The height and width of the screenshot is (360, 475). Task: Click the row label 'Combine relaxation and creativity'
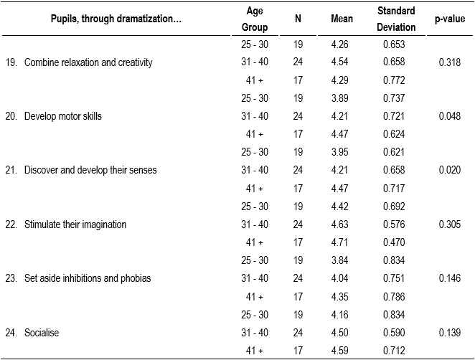click(x=88, y=62)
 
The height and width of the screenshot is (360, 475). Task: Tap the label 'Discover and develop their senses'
click(x=90, y=170)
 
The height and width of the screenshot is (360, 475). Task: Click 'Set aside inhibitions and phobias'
click(x=88, y=278)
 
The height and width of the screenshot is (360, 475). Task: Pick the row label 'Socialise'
click(x=42, y=332)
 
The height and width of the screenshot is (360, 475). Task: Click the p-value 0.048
click(x=450, y=116)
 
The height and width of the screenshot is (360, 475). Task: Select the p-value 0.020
click(x=450, y=170)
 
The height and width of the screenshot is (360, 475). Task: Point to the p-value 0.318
click(x=450, y=62)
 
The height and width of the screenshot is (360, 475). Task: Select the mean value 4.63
click(x=341, y=224)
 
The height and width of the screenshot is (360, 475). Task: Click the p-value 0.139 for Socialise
click(x=450, y=332)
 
